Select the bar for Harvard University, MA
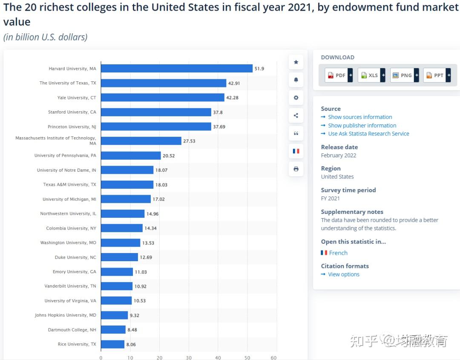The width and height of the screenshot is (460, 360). tap(176, 69)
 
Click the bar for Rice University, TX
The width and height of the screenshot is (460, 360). tap(112, 344)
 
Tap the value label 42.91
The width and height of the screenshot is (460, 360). tap(234, 84)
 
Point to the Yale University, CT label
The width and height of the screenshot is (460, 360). tap(77, 98)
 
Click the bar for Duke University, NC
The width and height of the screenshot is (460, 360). tap(119, 257)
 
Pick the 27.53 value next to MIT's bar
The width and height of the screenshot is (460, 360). tap(189, 141)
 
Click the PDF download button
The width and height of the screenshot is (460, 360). tap(339, 75)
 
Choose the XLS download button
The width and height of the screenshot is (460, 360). tap(371, 75)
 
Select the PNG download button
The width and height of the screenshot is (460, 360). tap(404, 75)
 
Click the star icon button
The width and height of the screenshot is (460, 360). tap(296, 62)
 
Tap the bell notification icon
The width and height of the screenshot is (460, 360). tap(296, 80)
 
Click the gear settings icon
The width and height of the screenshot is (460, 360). tap(296, 98)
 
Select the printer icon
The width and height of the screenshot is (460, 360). tap(296, 169)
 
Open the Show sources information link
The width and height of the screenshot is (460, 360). tap(360, 117)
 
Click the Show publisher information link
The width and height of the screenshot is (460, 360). tap(362, 126)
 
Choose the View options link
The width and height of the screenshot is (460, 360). tap(344, 274)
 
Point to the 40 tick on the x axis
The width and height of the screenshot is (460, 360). tap(218, 357)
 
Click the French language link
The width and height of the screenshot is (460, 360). tap(338, 253)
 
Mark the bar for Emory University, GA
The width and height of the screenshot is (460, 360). tap(117, 272)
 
